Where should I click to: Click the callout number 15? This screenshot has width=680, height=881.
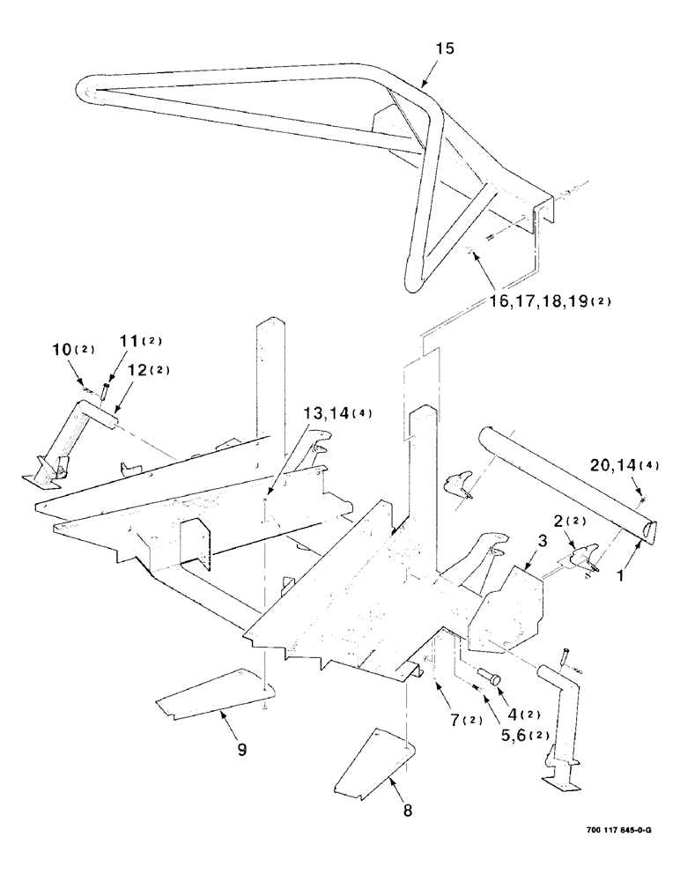click(x=445, y=49)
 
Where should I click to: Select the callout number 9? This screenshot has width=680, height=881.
click(x=240, y=750)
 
